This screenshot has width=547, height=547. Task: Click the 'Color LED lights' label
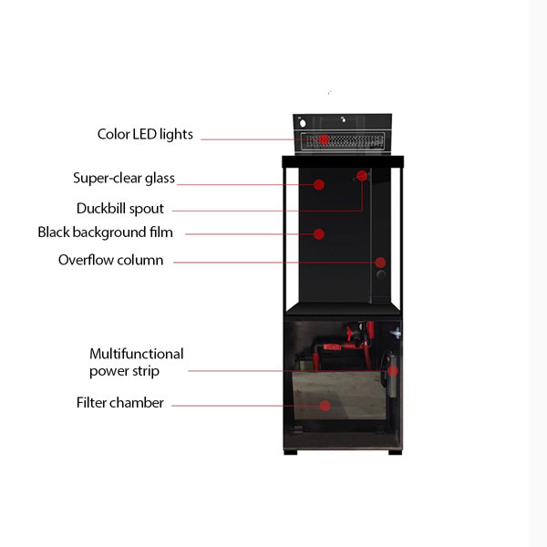[x=145, y=135]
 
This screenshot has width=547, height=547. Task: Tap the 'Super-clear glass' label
[x=124, y=179]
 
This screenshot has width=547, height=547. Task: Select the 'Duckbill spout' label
[x=120, y=209]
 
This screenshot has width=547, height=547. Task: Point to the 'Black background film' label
[x=106, y=232]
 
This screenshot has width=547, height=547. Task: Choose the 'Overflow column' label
[x=110, y=260]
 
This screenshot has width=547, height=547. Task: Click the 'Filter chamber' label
[x=120, y=403]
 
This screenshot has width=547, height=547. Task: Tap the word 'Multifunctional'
[x=137, y=354]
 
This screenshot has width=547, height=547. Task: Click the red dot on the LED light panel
[x=324, y=139]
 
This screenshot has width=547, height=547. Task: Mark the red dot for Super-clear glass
[x=319, y=184]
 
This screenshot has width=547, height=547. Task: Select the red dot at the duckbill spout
[x=362, y=176]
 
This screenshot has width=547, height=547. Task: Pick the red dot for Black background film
[x=319, y=234]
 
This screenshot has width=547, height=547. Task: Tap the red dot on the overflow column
[x=380, y=263]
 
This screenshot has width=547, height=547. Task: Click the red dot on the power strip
[x=393, y=371]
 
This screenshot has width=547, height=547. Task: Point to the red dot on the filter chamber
[x=325, y=406]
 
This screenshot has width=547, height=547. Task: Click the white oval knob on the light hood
[x=303, y=123]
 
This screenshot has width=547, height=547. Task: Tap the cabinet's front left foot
[x=291, y=452]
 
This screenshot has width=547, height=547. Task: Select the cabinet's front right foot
[x=396, y=452]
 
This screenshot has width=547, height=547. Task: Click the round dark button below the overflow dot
[x=381, y=274]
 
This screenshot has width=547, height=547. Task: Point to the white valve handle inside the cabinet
[x=396, y=333]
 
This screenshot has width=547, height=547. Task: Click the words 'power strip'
[x=124, y=371]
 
